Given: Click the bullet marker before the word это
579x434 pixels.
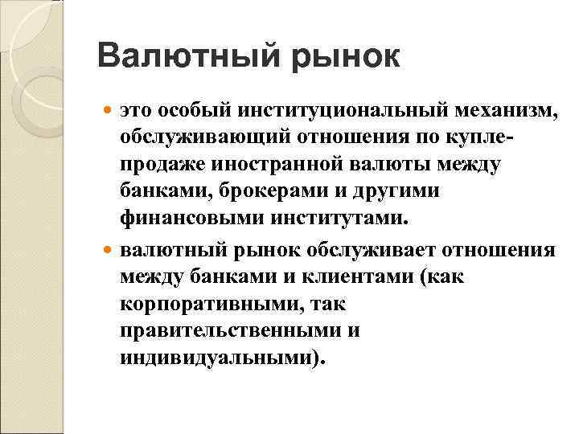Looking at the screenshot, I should tap(110, 109).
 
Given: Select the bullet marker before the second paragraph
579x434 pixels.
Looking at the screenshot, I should tap(110, 249).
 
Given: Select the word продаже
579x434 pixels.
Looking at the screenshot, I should tap(166, 166).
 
